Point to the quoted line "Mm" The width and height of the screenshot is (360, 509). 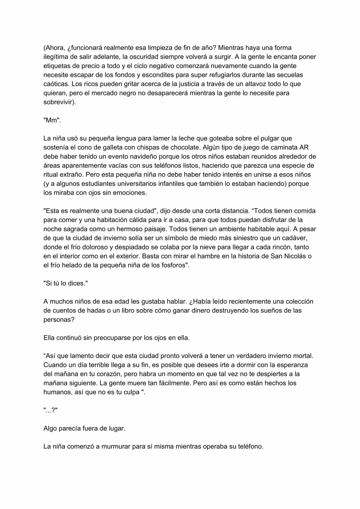pos(52,120)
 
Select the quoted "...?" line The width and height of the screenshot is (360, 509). pos(51,410)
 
